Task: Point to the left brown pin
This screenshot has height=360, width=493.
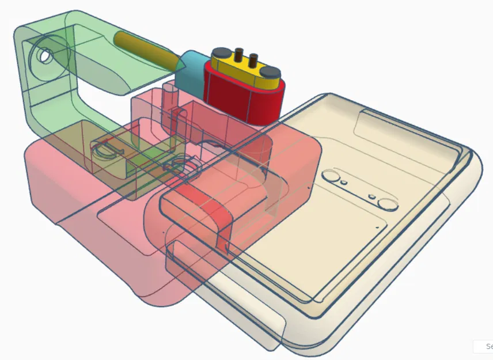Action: pos(238,55)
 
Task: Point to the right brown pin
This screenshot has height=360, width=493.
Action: pos(252,59)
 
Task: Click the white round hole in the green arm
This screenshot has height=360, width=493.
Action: pos(44,56)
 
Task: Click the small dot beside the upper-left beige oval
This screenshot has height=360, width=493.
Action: pos(344,182)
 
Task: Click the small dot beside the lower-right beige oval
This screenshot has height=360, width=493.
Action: pos(373,196)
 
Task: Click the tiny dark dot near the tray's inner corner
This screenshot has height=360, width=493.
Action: pos(377,228)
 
